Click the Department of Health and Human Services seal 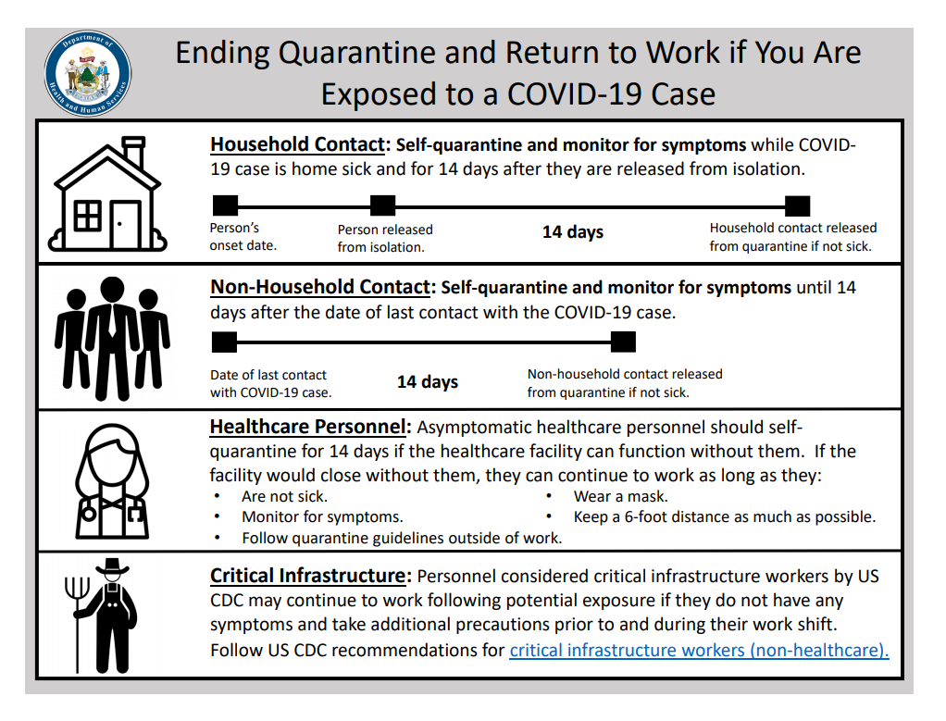(88, 73)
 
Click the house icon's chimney (133, 152)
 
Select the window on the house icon (88, 216)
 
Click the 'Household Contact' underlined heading (297, 144)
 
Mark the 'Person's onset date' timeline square (226, 205)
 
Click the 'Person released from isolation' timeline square (382, 205)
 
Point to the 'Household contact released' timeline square (798, 205)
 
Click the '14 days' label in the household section (573, 232)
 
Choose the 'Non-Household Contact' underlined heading (320, 287)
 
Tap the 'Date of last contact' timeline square (224, 342)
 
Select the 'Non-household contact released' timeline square (623, 342)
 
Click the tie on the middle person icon (112, 320)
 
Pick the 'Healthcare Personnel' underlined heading (307, 428)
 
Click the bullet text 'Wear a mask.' (621, 496)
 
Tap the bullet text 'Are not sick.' (285, 496)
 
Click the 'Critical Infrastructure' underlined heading (307, 577)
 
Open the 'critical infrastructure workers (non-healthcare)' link (699, 651)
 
